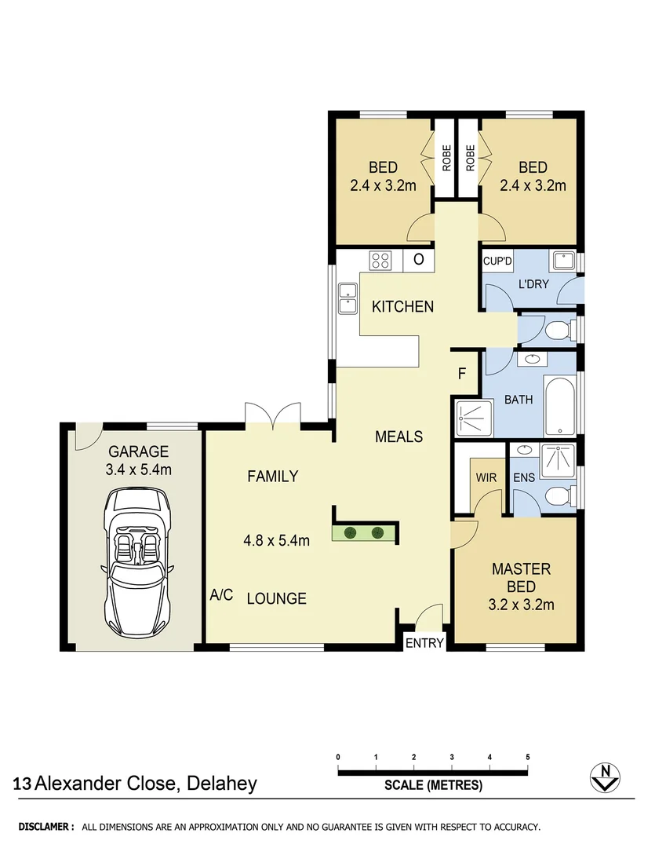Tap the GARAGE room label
coord(139,451)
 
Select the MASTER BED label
coord(521,577)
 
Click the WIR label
coord(480,477)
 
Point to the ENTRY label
coord(424,644)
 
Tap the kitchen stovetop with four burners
coord(382,260)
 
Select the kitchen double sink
coord(347,297)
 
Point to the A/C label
coord(221,595)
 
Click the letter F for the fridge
coord(463,374)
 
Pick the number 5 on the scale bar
coord(528,757)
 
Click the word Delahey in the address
coord(221,783)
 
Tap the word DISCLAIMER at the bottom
coord(46,827)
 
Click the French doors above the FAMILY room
coord(273,415)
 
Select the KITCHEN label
coord(402,306)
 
